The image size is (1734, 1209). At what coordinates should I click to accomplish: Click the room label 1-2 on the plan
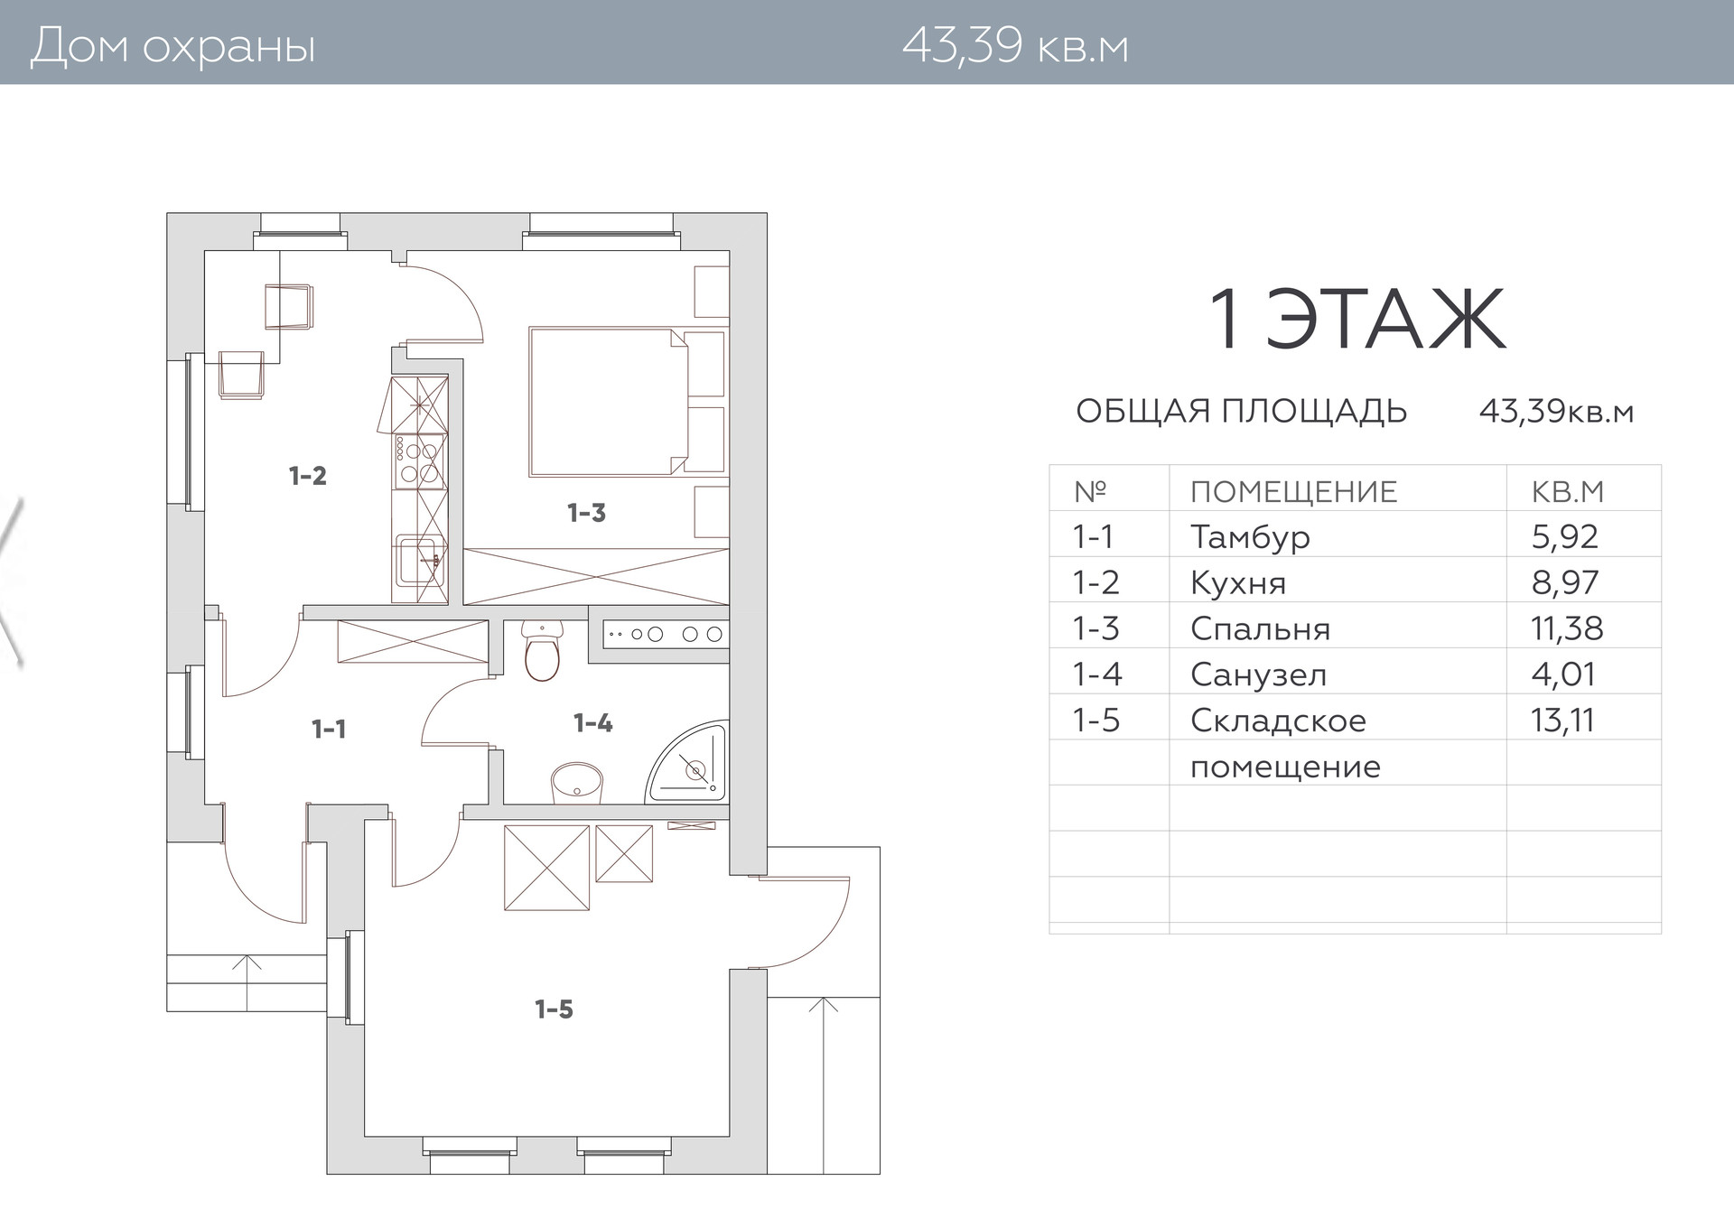pos(307,476)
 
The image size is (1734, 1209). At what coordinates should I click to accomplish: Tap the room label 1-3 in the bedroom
pos(586,514)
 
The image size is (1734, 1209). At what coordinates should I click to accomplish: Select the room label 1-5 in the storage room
pos(554,1009)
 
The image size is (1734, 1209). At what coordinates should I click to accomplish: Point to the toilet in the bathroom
pos(542,649)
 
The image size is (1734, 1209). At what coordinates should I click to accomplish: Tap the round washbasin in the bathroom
pos(577,782)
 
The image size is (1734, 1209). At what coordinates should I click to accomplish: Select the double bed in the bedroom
pos(609,401)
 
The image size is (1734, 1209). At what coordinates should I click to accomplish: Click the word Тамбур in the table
pos(1250,537)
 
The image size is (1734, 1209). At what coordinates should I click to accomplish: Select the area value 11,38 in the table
pos(1567,628)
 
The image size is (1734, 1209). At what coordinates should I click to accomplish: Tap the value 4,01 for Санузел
pos(1563,674)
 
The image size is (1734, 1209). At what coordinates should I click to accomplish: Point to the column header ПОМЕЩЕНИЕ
pos(1293,492)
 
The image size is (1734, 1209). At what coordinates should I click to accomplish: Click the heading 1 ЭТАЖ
pos(1357,320)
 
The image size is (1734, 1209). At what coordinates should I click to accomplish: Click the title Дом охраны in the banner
pos(173,46)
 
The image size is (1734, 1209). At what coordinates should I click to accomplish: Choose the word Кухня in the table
pos(1238,583)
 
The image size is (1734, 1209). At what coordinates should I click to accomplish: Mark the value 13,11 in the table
pos(1562,721)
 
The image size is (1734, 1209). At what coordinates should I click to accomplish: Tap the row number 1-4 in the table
pos(1096,674)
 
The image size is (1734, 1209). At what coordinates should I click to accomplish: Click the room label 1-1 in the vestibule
pos(329,729)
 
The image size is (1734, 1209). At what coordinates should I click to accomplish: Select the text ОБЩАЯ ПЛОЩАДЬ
pos(1242,412)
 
